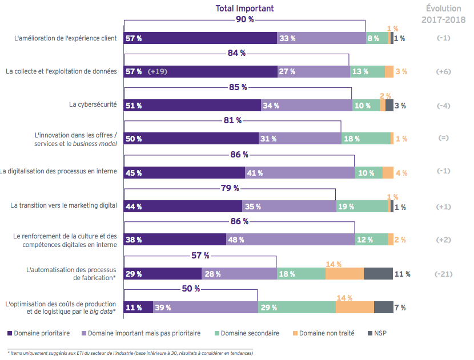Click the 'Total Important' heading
click(x=244, y=8)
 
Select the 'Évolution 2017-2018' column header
click(x=443, y=14)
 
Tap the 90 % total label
click(x=244, y=19)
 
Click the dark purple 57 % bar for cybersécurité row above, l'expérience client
click(x=200, y=39)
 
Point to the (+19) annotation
click(x=157, y=72)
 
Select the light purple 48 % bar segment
click(x=290, y=240)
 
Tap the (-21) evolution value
click(x=444, y=274)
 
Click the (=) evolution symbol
click(x=444, y=139)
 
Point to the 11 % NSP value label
click(x=402, y=274)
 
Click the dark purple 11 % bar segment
click(x=138, y=308)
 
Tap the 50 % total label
click(x=191, y=289)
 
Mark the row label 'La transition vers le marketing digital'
click(x=64, y=206)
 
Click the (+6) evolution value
click(x=444, y=72)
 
